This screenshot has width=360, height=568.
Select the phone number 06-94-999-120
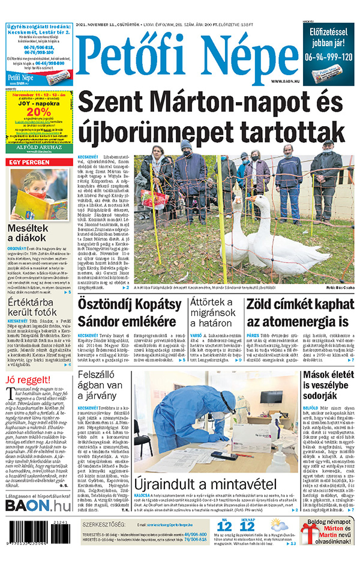tap(328, 57)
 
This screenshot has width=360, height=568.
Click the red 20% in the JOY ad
tap(38, 112)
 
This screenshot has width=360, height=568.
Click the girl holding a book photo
tap(38, 193)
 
